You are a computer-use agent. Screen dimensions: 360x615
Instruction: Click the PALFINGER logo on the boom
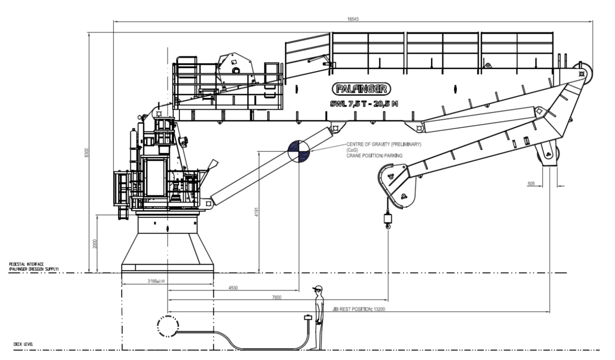point(361,88)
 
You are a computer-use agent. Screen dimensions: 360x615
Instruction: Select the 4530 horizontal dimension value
point(234,289)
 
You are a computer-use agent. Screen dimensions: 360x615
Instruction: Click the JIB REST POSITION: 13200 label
point(354,309)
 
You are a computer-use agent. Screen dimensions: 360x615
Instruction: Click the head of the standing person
point(319,291)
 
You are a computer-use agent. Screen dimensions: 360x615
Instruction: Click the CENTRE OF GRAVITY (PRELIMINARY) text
point(384,145)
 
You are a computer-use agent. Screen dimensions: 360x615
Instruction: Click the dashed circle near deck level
point(168,326)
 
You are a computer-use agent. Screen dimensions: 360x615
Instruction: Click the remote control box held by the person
point(308,318)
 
